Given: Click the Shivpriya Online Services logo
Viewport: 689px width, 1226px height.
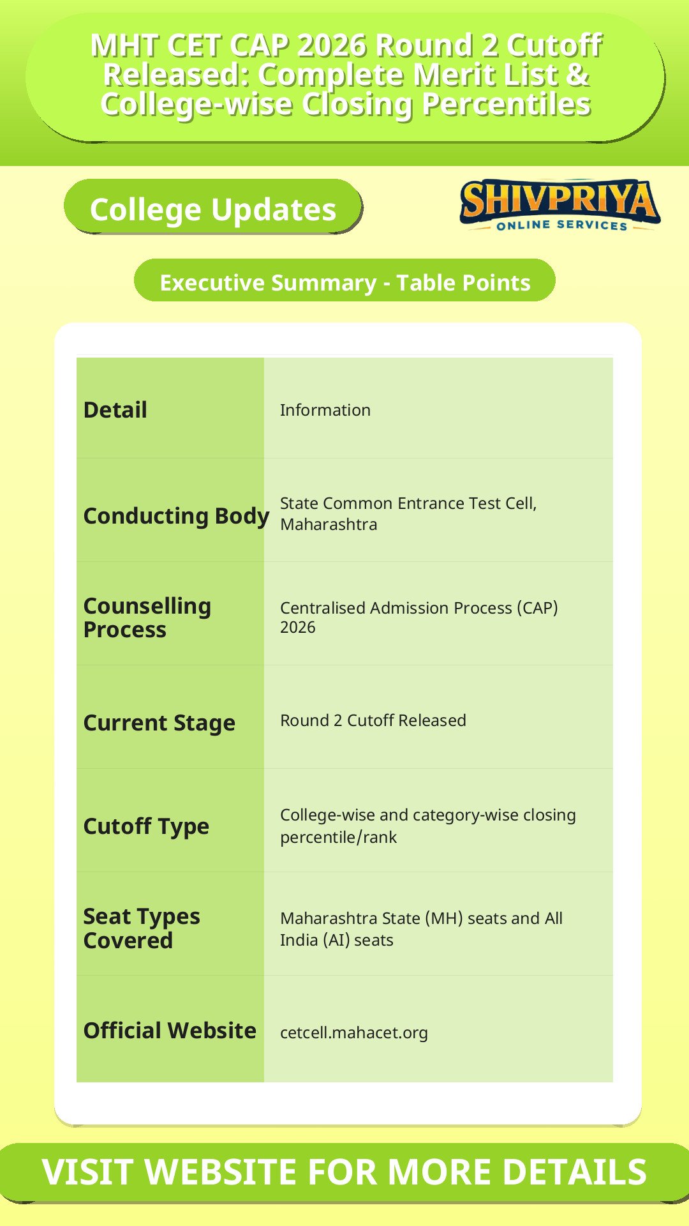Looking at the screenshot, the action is pos(560,205).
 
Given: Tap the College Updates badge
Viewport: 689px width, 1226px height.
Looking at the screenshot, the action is pos(213,207).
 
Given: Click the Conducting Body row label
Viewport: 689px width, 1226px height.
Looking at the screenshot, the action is pos(176,516).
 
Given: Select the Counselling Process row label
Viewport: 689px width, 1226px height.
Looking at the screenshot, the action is pos(147,617).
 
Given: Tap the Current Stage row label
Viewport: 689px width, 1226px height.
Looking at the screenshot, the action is pos(159,723).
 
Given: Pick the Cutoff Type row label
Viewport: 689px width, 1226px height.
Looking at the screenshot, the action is pos(146,826).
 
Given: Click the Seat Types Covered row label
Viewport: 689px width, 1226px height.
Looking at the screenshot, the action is pos(142,928).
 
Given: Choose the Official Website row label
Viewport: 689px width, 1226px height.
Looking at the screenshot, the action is pos(170,1031).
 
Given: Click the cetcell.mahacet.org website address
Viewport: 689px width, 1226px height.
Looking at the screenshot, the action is pos(354,1033).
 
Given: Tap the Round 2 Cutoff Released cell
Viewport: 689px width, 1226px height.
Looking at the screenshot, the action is pos(373,720).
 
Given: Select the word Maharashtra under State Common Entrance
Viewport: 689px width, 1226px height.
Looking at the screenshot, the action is pos(329,524).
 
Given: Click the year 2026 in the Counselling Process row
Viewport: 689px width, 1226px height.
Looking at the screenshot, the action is pos(298,627).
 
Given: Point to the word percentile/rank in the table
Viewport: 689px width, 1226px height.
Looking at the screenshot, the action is pos(339,837).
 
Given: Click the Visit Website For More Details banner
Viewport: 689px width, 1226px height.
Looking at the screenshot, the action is pos(344,1172).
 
